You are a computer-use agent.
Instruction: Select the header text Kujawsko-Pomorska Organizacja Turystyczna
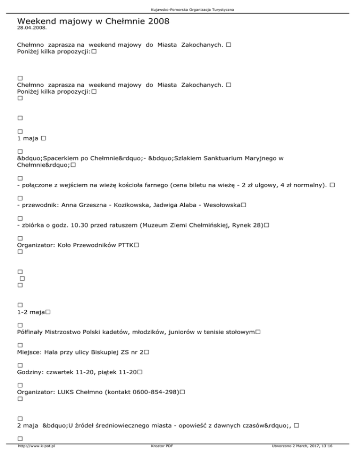180,9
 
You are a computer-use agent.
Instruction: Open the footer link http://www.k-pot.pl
36,459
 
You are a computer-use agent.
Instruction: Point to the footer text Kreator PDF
159,459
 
